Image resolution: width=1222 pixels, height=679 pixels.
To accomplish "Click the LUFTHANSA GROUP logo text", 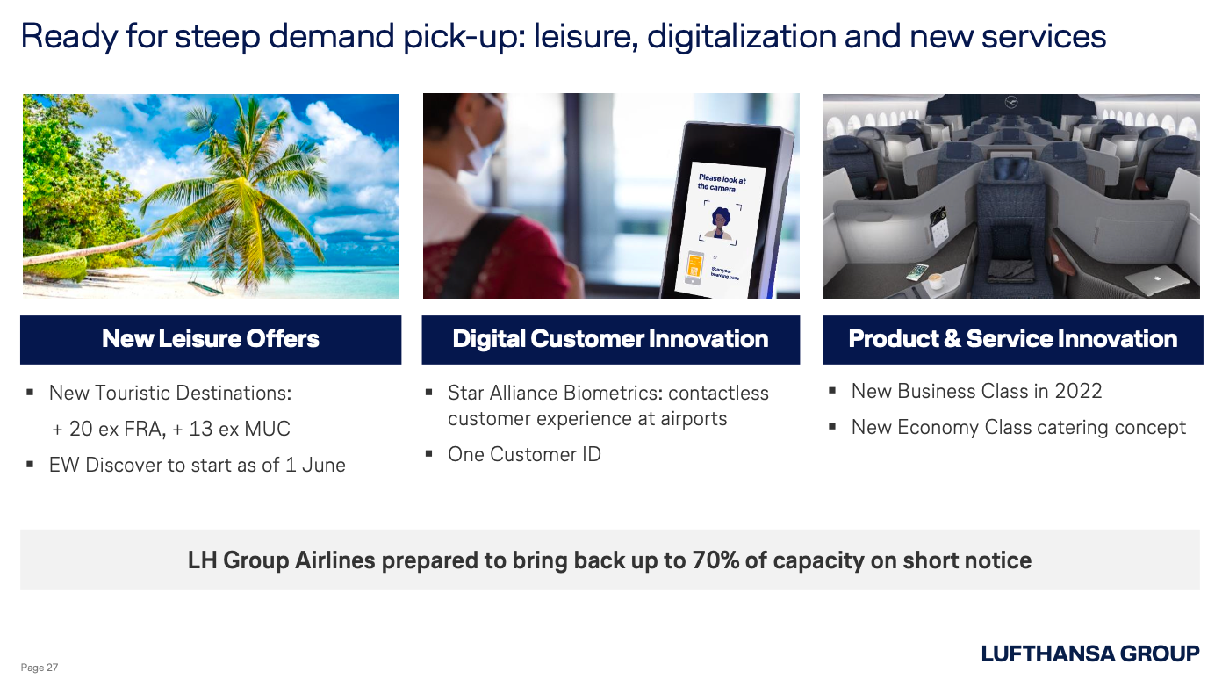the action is coord(1090,654).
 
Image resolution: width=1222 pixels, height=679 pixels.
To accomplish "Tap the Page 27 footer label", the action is coord(40,668).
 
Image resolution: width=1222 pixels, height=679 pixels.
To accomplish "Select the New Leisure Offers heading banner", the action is coord(211,339).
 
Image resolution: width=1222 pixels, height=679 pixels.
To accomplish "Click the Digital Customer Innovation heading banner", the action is coord(610,339).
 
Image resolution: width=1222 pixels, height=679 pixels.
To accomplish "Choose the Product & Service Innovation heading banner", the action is coord(1012,339).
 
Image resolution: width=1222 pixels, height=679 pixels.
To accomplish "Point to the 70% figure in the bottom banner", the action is coord(715,560).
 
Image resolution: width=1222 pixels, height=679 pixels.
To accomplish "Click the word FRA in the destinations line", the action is coord(143,429).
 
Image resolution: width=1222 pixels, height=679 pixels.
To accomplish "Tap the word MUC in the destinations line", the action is coord(267,429).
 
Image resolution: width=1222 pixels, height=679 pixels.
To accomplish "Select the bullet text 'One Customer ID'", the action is coord(524,454).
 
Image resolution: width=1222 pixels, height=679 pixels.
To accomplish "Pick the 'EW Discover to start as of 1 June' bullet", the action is coord(197,465).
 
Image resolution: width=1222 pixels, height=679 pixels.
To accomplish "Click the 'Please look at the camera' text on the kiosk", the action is coord(721,184).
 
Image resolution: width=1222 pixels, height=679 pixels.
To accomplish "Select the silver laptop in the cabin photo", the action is coord(1156,279).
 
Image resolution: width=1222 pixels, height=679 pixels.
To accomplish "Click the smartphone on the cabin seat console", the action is coord(917,271).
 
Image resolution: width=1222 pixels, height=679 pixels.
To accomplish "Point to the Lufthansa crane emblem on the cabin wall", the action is coord(1011,102).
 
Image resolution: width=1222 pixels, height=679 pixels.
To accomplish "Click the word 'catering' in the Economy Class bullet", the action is coord(1071,428).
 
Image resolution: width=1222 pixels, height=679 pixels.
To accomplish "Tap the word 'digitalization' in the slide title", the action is coord(742,37).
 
